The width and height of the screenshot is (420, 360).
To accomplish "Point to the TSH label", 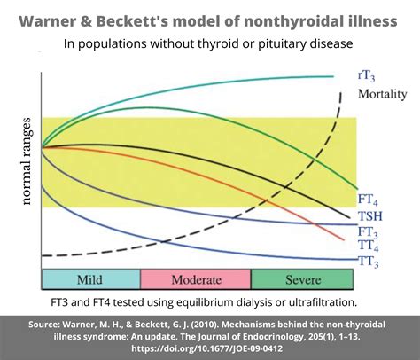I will point(371,216).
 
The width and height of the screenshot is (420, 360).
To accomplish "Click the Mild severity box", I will point(90,280).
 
